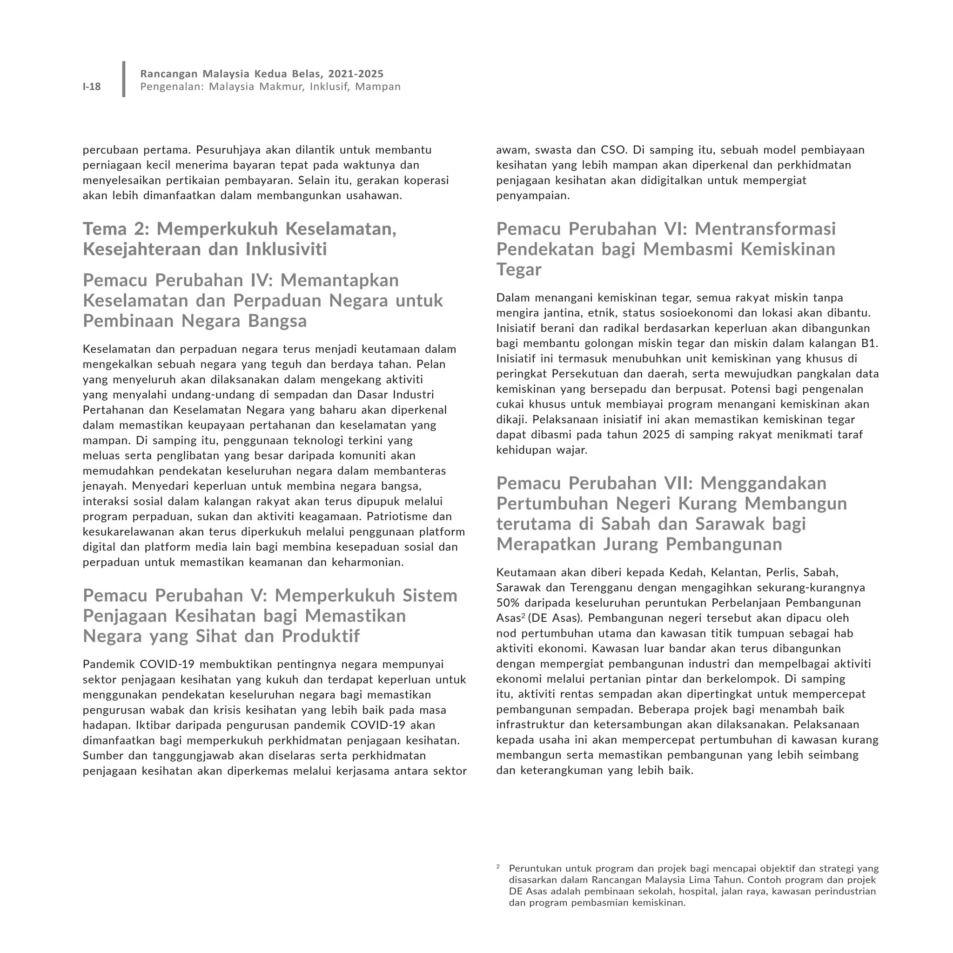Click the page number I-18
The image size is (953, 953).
click(x=92, y=87)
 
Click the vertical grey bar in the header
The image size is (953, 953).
click(x=124, y=79)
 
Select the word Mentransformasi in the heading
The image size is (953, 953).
click(x=765, y=229)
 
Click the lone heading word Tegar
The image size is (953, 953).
click(x=518, y=269)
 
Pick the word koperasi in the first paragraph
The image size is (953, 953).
click(x=425, y=181)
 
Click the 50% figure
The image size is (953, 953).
click(x=509, y=603)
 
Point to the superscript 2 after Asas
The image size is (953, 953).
click(x=523, y=616)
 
